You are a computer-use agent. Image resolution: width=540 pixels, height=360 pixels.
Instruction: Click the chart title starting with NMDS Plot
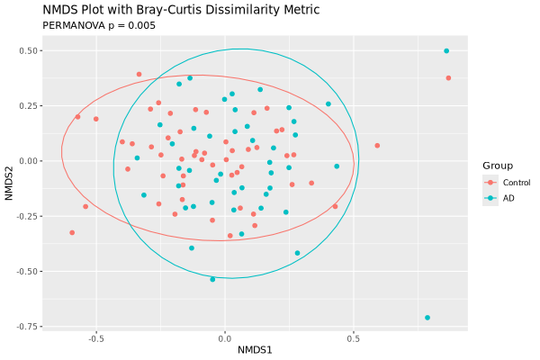[x=168, y=10]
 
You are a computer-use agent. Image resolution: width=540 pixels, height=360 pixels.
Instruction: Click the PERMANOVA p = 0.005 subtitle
[x=99, y=25]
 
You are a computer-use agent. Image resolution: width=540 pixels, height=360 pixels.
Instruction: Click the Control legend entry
[x=516, y=183]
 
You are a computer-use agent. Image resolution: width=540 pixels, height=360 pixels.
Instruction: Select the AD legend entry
[x=508, y=198]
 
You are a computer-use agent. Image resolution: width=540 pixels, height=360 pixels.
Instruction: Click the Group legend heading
[x=498, y=166]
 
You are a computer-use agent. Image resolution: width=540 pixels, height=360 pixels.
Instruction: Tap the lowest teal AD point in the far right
[x=427, y=318]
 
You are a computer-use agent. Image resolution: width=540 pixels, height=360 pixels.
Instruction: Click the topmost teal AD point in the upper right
[x=446, y=51]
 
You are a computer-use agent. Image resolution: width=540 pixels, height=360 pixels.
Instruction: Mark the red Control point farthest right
[x=448, y=78]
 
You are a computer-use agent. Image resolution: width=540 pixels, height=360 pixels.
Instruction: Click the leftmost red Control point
[x=72, y=233]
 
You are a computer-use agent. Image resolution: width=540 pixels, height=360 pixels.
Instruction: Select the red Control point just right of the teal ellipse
[x=377, y=146]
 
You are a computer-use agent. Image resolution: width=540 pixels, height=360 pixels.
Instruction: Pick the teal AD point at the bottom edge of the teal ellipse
[x=212, y=280]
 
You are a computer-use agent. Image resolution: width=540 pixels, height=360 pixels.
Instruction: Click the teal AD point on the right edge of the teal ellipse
[x=337, y=166]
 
